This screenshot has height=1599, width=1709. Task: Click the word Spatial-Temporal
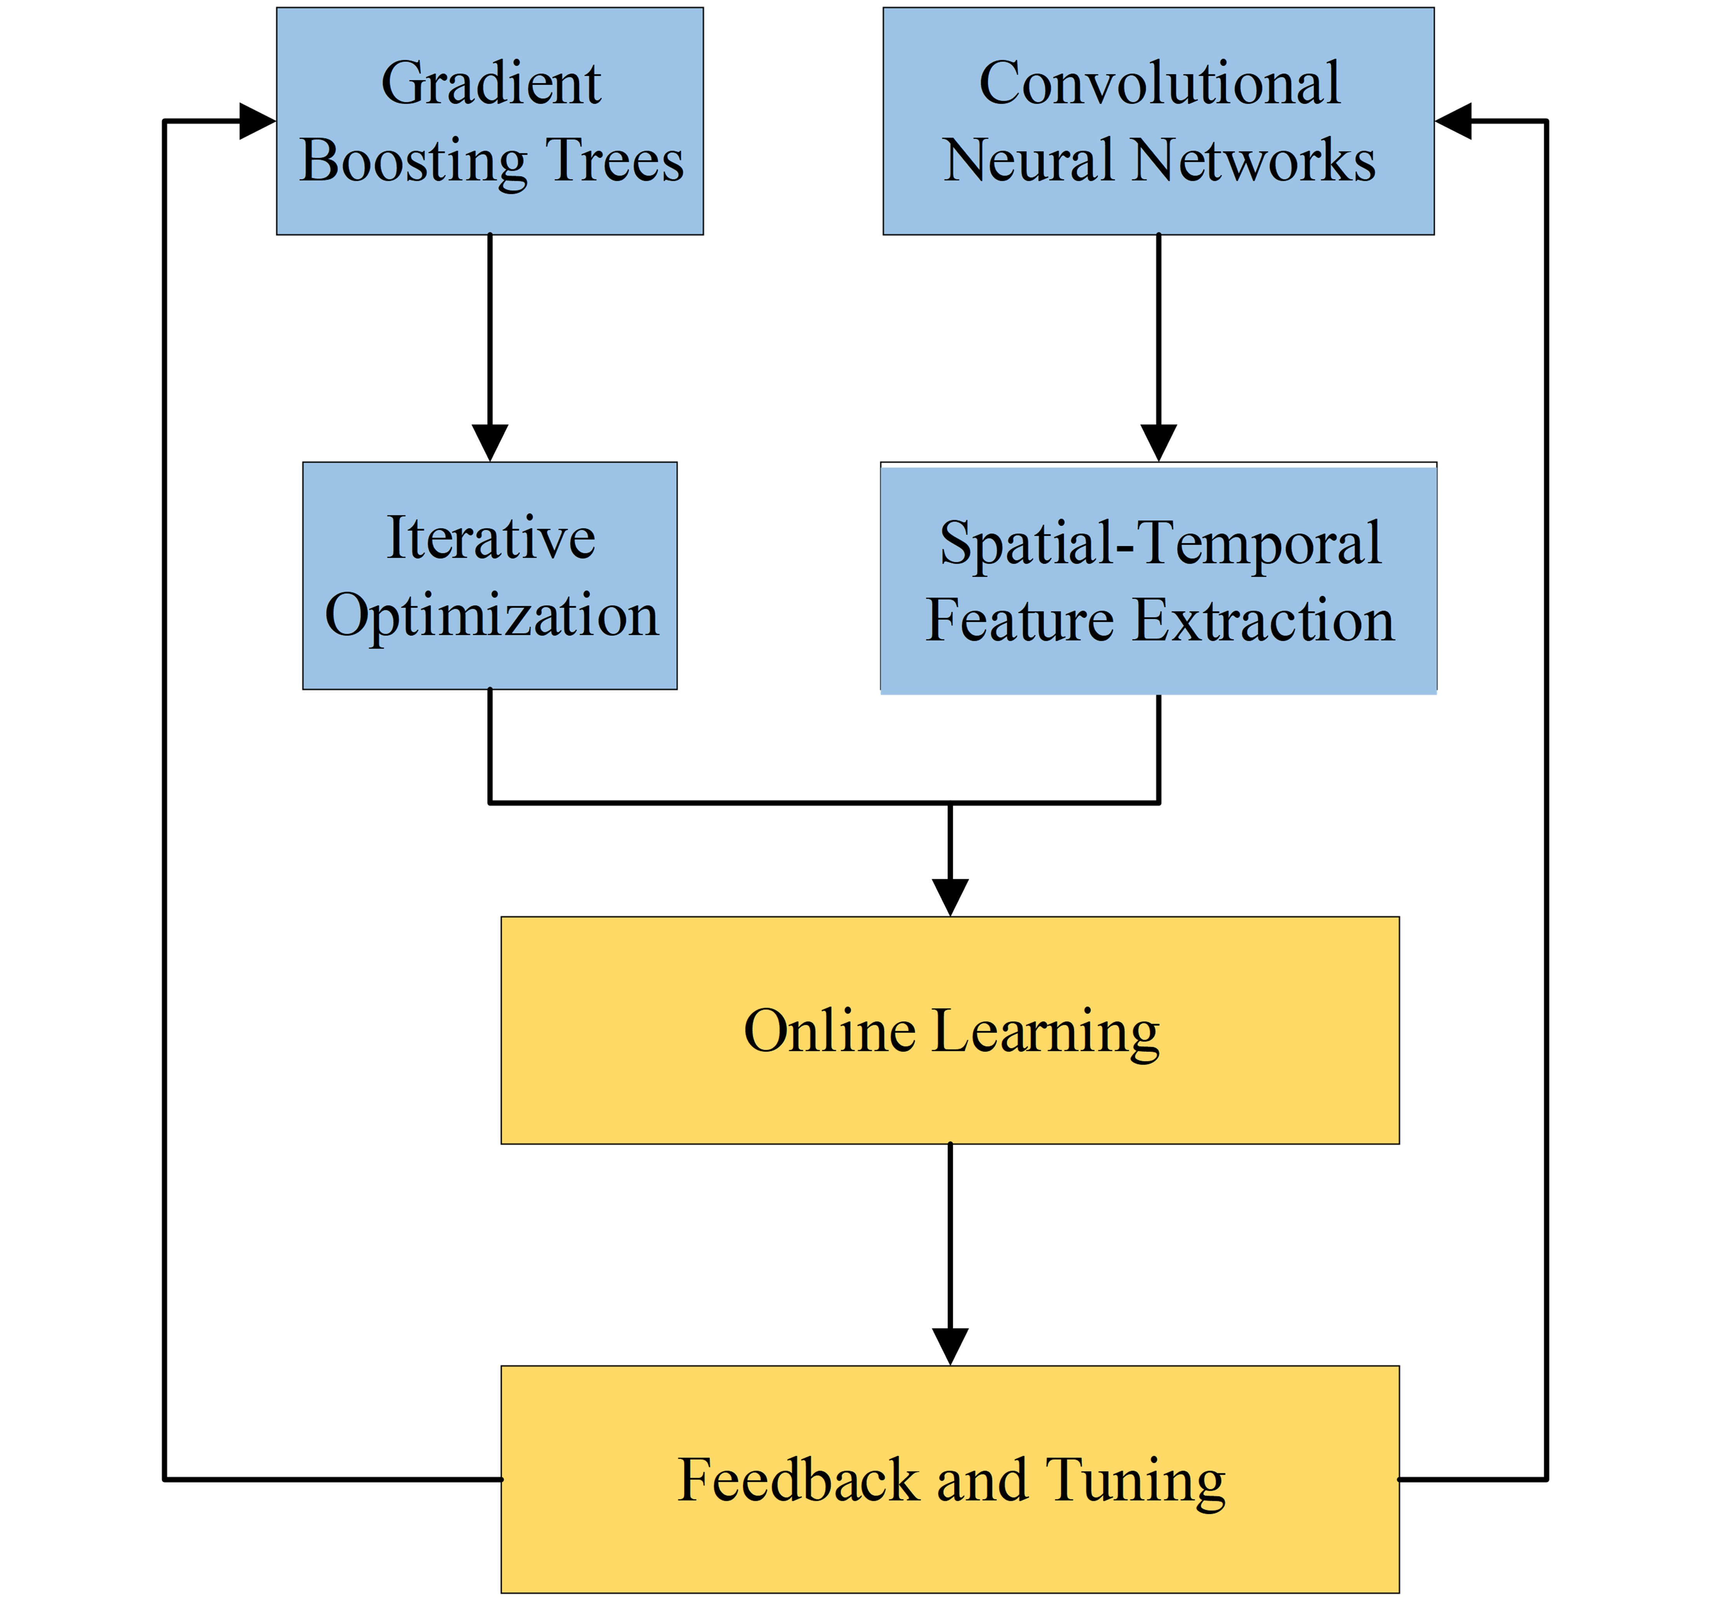[1160, 543]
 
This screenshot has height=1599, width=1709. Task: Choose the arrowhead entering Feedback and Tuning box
[950, 1346]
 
